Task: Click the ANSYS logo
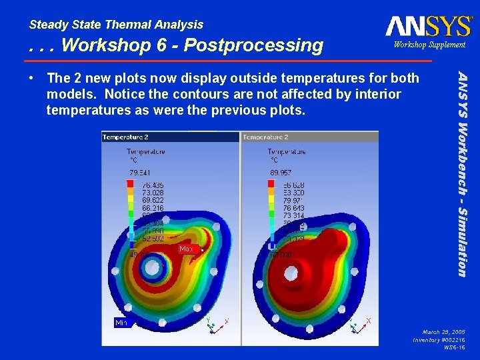(428, 25)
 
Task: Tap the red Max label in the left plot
(186, 249)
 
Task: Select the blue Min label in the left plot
(121, 323)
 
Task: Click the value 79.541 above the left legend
(140, 172)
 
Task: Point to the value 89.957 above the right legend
(281, 172)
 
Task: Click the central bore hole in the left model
(152, 268)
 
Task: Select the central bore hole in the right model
(291, 272)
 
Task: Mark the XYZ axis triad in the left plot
(215, 325)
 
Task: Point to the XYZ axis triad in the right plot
(357, 325)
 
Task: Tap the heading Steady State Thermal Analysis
(116, 25)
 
